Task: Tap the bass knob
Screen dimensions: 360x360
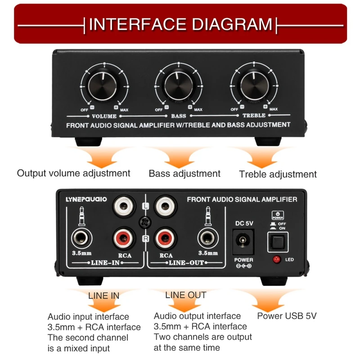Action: coord(179,86)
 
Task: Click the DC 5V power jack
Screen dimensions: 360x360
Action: coord(243,242)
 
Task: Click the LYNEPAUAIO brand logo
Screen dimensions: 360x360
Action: coord(86,199)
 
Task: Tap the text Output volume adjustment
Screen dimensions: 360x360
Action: coord(73,173)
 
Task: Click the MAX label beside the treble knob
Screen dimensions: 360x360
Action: coord(273,109)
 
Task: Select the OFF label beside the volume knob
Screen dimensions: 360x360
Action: coord(84,109)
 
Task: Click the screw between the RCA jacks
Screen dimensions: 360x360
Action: coord(144,222)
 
